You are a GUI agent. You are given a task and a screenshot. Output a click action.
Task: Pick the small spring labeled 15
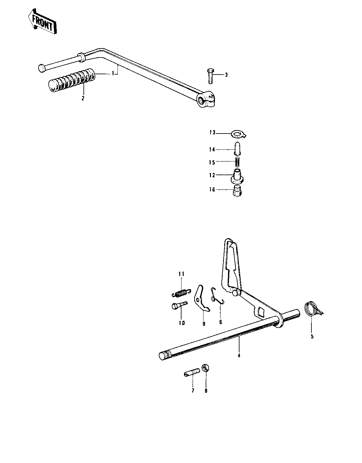238,162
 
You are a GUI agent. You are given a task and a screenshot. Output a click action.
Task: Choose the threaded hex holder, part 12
238,176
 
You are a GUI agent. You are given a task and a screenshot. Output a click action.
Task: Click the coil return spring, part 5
312,309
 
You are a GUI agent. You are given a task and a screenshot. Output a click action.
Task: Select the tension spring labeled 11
180,293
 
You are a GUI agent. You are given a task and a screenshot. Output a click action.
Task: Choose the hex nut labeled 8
205,368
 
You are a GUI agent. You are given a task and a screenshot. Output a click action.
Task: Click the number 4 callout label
239,356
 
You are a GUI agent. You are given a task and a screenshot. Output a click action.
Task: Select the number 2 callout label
83,98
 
